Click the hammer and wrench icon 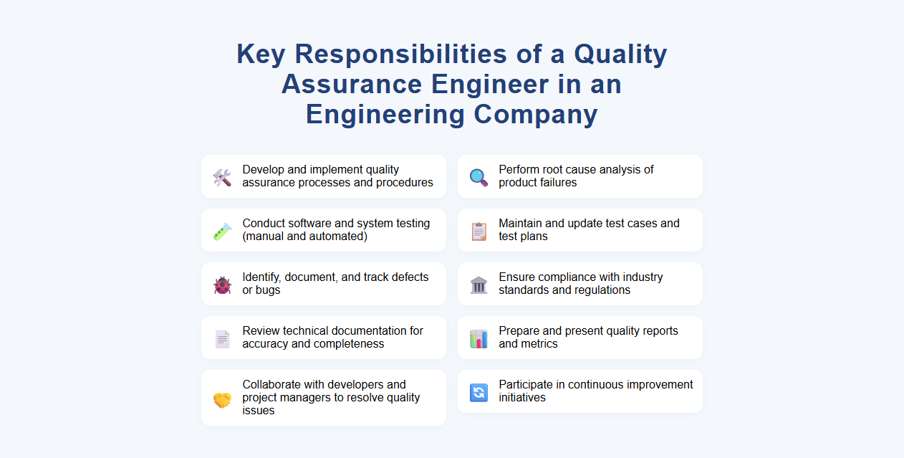[222, 177]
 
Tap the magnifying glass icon [479, 177]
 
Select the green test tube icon [222, 231]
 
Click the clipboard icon [479, 231]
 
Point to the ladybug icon [222, 285]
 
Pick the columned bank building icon [479, 285]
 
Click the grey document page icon [222, 338]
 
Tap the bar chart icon [479, 338]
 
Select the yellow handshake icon [222, 399]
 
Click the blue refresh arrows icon [479, 392]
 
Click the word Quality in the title [620, 54]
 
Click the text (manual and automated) [304, 237]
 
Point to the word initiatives [524, 398]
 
